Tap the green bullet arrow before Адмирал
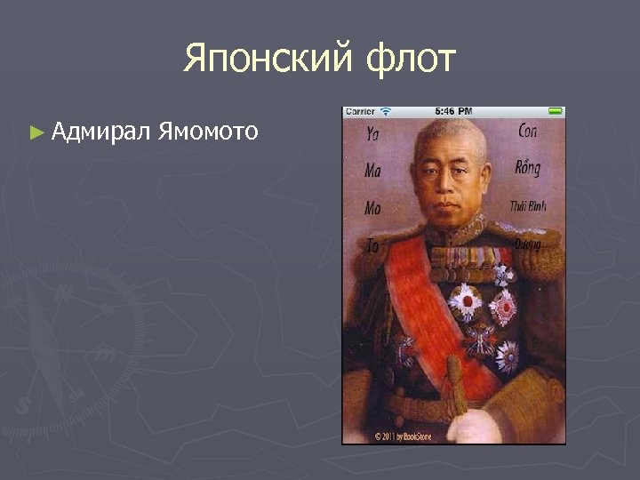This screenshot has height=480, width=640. (36, 133)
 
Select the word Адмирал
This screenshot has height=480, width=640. (100, 132)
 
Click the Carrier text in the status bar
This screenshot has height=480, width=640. (361, 111)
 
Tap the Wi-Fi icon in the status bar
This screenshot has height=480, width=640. (386, 111)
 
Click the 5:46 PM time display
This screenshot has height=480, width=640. (453, 111)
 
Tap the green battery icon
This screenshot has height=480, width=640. (555, 111)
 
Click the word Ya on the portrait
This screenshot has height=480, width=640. (372, 135)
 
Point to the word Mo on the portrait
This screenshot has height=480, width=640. (372, 207)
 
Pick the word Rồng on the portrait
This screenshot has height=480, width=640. (527, 167)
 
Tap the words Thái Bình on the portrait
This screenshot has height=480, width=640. (528, 205)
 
